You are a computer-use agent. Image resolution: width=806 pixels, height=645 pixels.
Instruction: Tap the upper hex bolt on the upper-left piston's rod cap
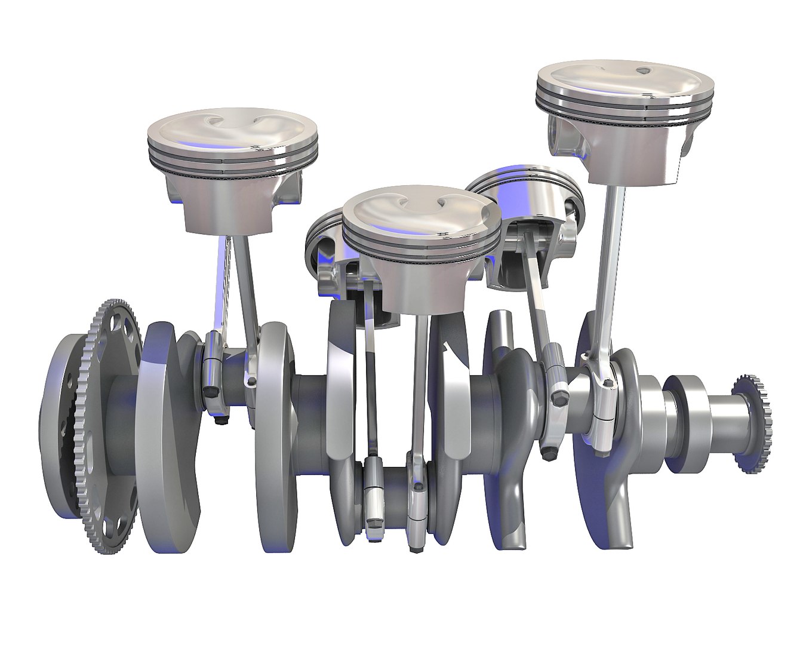pos(208,391)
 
